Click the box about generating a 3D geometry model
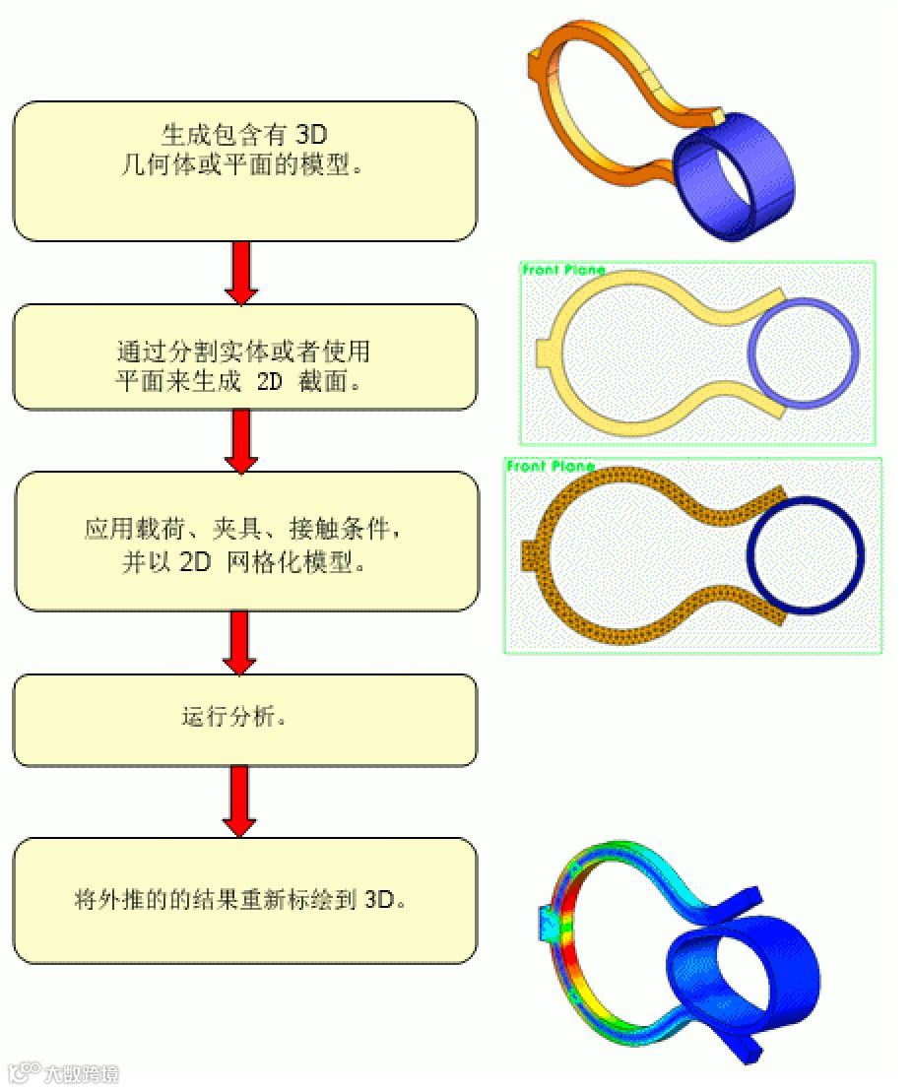point(244,170)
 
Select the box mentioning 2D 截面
point(244,356)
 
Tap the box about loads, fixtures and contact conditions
point(244,541)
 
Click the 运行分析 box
point(244,720)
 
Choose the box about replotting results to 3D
point(244,900)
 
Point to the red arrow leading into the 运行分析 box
point(241,643)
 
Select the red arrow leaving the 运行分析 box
point(241,801)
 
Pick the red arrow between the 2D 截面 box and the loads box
point(241,440)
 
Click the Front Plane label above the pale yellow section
point(563,270)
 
